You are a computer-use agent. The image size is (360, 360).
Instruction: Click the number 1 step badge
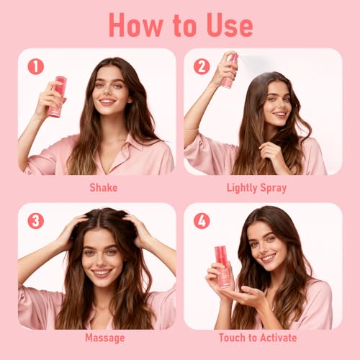[36, 67]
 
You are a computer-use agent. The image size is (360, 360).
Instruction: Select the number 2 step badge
[201, 67]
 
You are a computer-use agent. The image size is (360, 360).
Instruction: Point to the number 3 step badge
[36, 220]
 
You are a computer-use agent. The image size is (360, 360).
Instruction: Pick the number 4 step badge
[202, 220]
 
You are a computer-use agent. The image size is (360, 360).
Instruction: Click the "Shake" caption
[103, 188]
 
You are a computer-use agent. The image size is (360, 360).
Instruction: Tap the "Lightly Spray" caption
[256, 188]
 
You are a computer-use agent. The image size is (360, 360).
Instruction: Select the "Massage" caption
[104, 338]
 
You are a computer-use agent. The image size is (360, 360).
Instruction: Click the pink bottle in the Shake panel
[57, 96]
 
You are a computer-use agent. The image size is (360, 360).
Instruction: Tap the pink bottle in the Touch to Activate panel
[222, 265]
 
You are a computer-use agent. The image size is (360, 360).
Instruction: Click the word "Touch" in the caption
[234, 338]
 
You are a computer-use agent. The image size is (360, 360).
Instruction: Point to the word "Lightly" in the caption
[241, 188]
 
